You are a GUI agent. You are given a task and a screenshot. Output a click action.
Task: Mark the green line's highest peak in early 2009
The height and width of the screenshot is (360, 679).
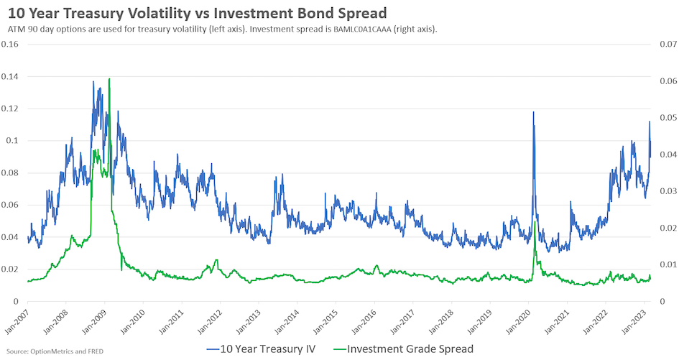click(x=108, y=78)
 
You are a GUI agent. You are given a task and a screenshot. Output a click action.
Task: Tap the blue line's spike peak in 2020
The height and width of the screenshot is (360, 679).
click(x=533, y=111)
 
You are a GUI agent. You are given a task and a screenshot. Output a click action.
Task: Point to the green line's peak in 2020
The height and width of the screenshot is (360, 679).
click(x=535, y=221)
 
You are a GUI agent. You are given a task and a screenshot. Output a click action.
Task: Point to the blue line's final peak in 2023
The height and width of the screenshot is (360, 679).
click(x=650, y=121)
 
